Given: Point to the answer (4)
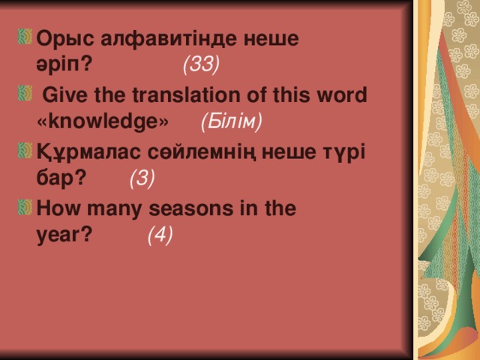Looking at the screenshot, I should [x=160, y=236].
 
